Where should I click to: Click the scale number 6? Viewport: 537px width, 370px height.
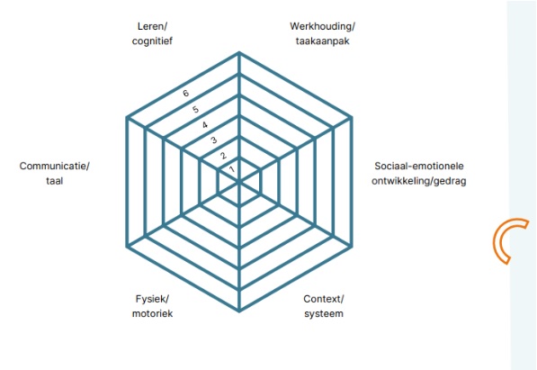pyautogui.click(x=185, y=93)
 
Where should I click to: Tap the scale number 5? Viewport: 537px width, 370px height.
pyautogui.click(x=195, y=110)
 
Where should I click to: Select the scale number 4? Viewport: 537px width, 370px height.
pyautogui.click(x=205, y=125)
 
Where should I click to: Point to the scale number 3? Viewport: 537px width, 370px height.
pyautogui.click(x=214, y=140)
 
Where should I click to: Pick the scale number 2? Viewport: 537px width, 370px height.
pyautogui.click(x=223, y=156)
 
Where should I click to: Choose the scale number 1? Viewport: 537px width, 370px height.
pyautogui.click(x=232, y=169)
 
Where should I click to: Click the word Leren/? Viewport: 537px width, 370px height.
pyautogui.click(x=152, y=26)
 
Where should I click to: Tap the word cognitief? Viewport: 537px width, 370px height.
pyautogui.click(x=152, y=41)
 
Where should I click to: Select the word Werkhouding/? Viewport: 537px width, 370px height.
pyautogui.click(x=322, y=26)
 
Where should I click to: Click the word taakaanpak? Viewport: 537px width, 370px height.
pyautogui.click(x=322, y=41)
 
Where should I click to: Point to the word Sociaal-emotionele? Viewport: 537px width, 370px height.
pyautogui.click(x=419, y=166)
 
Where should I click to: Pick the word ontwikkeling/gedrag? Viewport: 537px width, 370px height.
pyautogui.click(x=419, y=181)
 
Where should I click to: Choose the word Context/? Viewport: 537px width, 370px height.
pyautogui.click(x=324, y=299)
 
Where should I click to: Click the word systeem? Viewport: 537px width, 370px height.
pyautogui.click(x=324, y=314)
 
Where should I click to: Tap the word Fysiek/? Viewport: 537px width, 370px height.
pyautogui.click(x=152, y=299)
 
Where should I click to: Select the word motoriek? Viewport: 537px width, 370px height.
pyautogui.click(x=152, y=314)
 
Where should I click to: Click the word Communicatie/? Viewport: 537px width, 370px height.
pyautogui.click(x=55, y=166)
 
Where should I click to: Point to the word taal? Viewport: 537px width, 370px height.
pyautogui.click(x=55, y=181)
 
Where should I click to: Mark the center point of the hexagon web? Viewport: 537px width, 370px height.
pyautogui.click(x=239, y=182)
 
